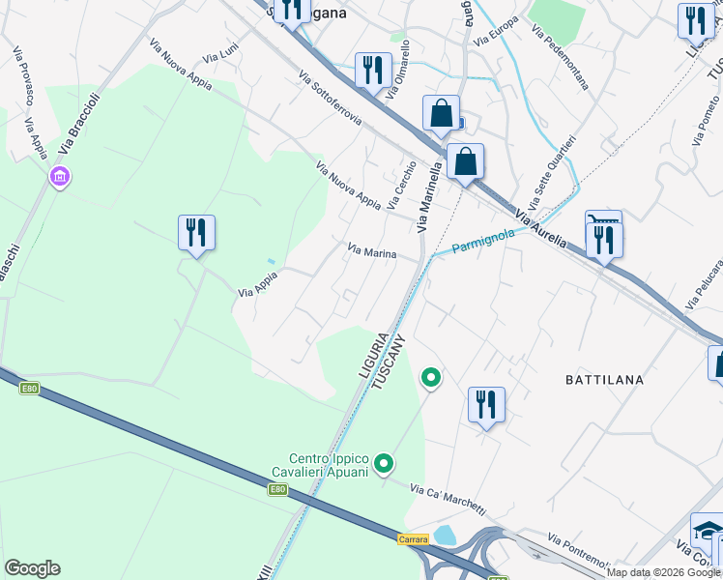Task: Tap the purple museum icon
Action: [x=60, y=177]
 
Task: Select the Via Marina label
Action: [x=372, y=252]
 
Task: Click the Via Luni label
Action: [x=223, y=60]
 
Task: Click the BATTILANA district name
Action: [x=604, y=380]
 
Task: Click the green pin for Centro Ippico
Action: [x=385, y=465]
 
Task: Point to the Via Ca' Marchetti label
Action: [x=448, y=501]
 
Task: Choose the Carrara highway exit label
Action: [x=413, y=539]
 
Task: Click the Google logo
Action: [x=32, y=568]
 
